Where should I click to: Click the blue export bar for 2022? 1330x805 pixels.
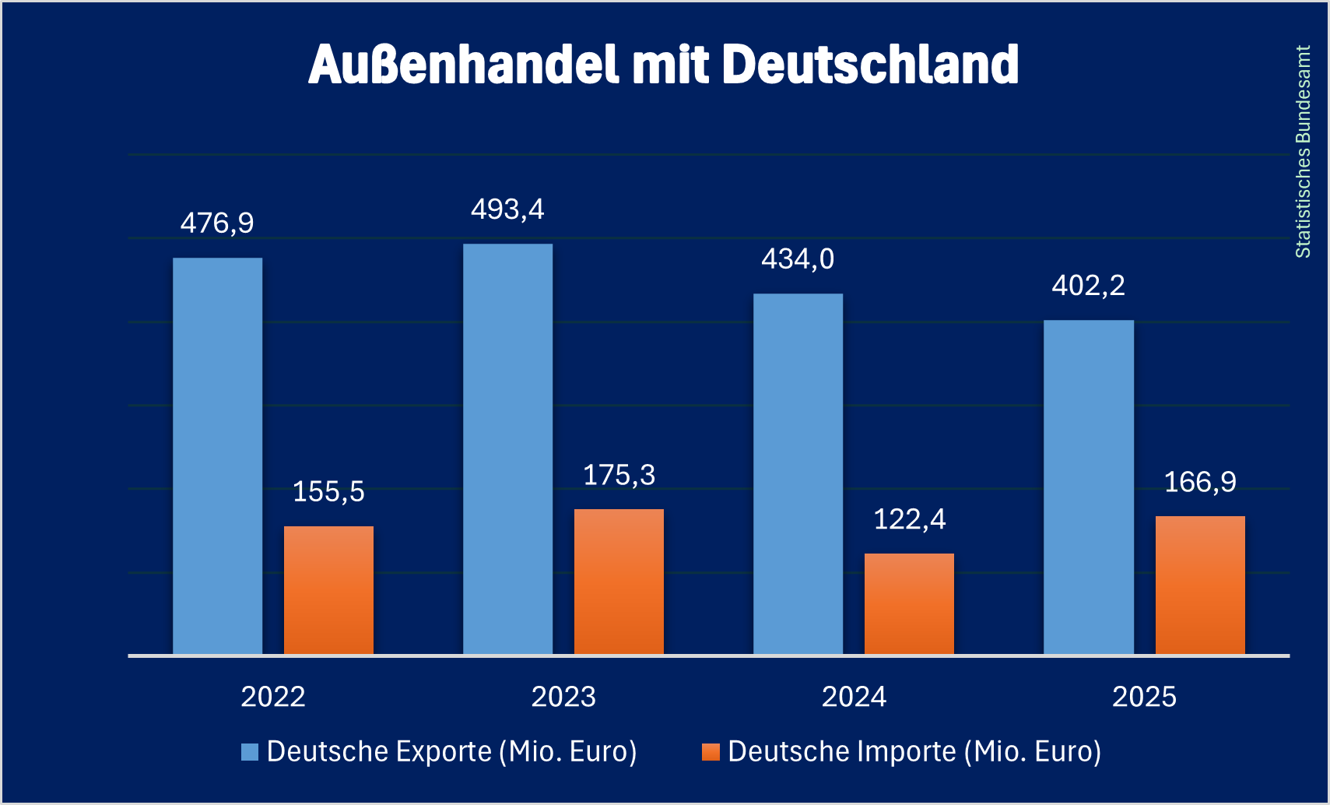pyautogui.click(x=217, y=455)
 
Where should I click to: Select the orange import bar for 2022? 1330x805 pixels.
pyautogui.click(x=328, y=590)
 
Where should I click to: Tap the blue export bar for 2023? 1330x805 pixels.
pyautogui.click(x=507, y=449)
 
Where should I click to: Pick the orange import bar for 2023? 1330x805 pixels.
pyautogui.click(x=619, y=582)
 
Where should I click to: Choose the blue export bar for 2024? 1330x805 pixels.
pyautogui.click(x=798, y=473)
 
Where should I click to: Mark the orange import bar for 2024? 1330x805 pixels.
pyautogui.click(x=909, y=604)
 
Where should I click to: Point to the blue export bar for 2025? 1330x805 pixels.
pyautogui.click(x=1088, y=487)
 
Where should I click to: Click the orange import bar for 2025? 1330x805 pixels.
pyautogui.click(x=1200, y=585)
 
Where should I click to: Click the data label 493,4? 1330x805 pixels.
pyautogui.click(x=507, y=209)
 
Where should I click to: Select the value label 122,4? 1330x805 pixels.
pyautogui.click(x=909, y=519)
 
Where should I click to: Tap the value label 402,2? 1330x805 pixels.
pyautogui.click(x=1088, y=286)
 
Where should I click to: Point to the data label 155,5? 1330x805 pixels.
pyautogui.click(x=328, y=492)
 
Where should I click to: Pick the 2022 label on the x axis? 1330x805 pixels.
pyautogui.click(x=272, y=697)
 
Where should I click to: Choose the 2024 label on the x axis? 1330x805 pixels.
pyautogui.click(x=854, y=697)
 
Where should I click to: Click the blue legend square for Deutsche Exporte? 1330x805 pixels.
pyautogui.click(x=250, y=752)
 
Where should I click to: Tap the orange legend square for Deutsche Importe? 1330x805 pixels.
pyautogui.click(x=711, y=752)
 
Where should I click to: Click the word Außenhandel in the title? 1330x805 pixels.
pyautogui.click(x=463, y=64)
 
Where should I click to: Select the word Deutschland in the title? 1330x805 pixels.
pyautogui.click(x=870, y=64)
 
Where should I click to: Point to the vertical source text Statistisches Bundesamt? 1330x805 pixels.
pyautogui.click(x=1303, y=152)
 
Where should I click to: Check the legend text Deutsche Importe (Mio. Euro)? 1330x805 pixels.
pyautogui.click(x=914, y=752)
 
